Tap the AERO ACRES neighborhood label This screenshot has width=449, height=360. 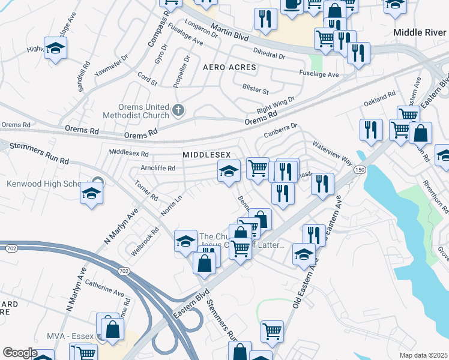pos(229,67)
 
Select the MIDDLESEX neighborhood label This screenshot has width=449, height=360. pos(206,155)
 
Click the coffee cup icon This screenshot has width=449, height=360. pos(292,4)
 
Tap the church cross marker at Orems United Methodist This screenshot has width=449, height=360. pos(178,110)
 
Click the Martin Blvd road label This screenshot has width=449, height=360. pos(228,28)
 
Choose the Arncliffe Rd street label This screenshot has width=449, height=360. pos(157,168)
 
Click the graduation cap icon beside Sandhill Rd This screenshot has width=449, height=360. pos(55,49)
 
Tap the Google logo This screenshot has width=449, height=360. pos(20,353)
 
